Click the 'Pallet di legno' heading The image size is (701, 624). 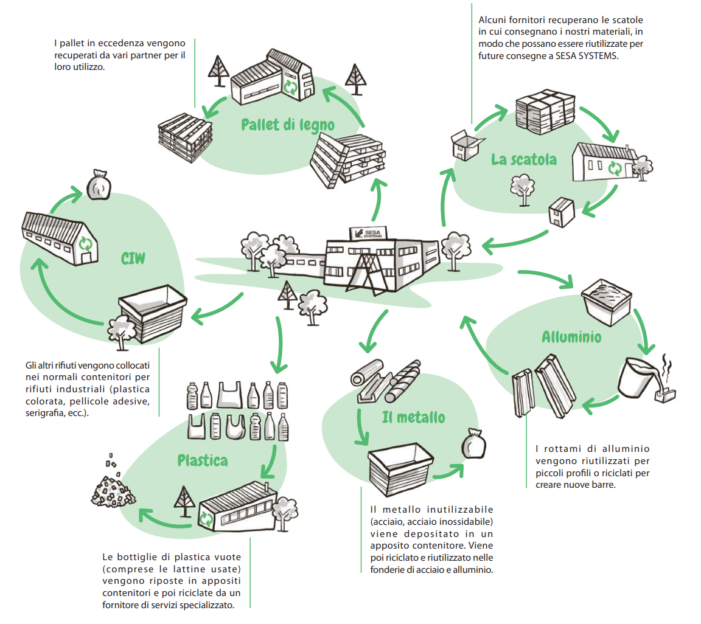(288, 125)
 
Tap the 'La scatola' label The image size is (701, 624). (523, 159)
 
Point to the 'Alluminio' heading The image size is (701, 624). (571, 336)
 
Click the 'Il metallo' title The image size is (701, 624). (413, 417)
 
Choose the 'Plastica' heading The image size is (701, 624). (203, 460)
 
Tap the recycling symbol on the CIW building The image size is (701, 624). (87, 244)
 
